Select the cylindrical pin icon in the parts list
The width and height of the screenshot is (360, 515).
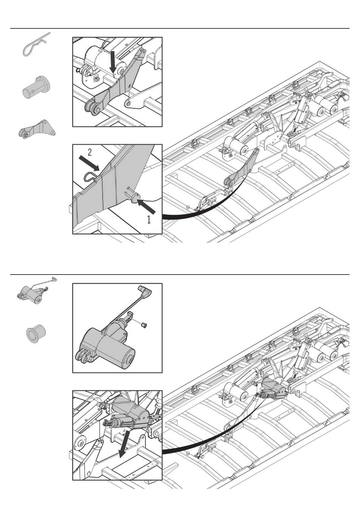(x=36, y=88)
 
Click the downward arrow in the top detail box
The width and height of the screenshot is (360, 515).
(x=113, y=61)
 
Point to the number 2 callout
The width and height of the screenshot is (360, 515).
(x=90, y=153)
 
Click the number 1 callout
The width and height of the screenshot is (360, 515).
(x=149, y=220)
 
